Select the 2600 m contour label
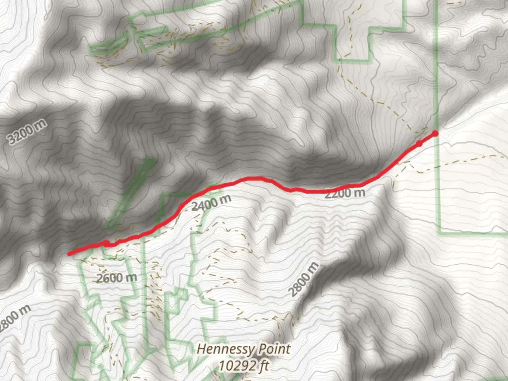[x=117, y=278]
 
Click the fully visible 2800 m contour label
[x=303, y=280]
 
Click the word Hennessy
[x=225, y=350]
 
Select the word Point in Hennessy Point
[x=274, y=350]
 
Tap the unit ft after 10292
[x=263, y=366]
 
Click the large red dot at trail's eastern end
[x=435, y=133]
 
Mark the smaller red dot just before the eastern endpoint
[x=419, y=144]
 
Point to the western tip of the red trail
[x=69, y=253]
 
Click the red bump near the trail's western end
[x=106, y=243]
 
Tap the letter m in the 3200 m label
[x=41, y=124]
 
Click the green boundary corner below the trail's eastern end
[x=439, y=233]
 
